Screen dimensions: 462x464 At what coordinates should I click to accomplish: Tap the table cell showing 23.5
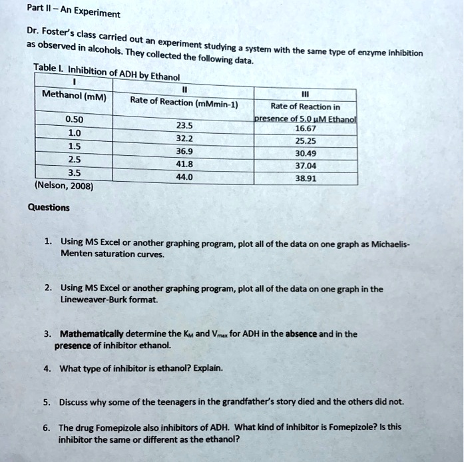(184, 124)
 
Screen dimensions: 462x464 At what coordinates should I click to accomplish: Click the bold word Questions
(48, 207)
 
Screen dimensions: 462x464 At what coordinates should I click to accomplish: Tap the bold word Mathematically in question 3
(91, 334)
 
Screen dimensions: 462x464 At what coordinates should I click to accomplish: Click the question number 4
(47, 367)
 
